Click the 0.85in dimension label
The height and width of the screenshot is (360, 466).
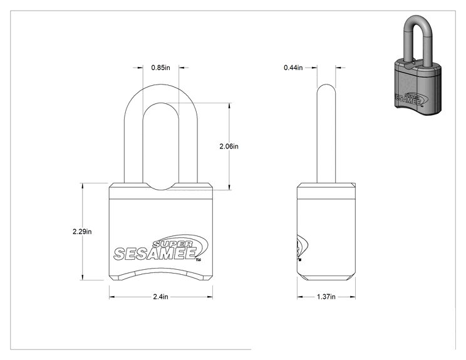[160, 68]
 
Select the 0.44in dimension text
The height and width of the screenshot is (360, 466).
[293, 68]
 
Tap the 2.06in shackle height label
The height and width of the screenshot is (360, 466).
[229, 146]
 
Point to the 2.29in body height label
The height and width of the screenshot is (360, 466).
[82, 232]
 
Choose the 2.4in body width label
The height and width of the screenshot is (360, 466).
[160, 297]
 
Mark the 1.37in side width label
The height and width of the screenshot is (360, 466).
[326, 297]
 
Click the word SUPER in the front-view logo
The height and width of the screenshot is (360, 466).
[172, 244]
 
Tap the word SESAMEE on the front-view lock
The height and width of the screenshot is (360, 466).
[155, 254]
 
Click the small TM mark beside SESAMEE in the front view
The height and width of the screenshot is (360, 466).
[198, 261]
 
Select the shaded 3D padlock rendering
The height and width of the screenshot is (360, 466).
[418, 64]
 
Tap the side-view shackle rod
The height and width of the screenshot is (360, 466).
[326, 133]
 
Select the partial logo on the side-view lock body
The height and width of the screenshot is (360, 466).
[302, 247]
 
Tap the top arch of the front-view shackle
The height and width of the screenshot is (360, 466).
[161, 93]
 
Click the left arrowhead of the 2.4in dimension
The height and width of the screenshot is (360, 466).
[111, 297]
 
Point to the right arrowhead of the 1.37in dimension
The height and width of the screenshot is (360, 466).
[353, 297]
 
